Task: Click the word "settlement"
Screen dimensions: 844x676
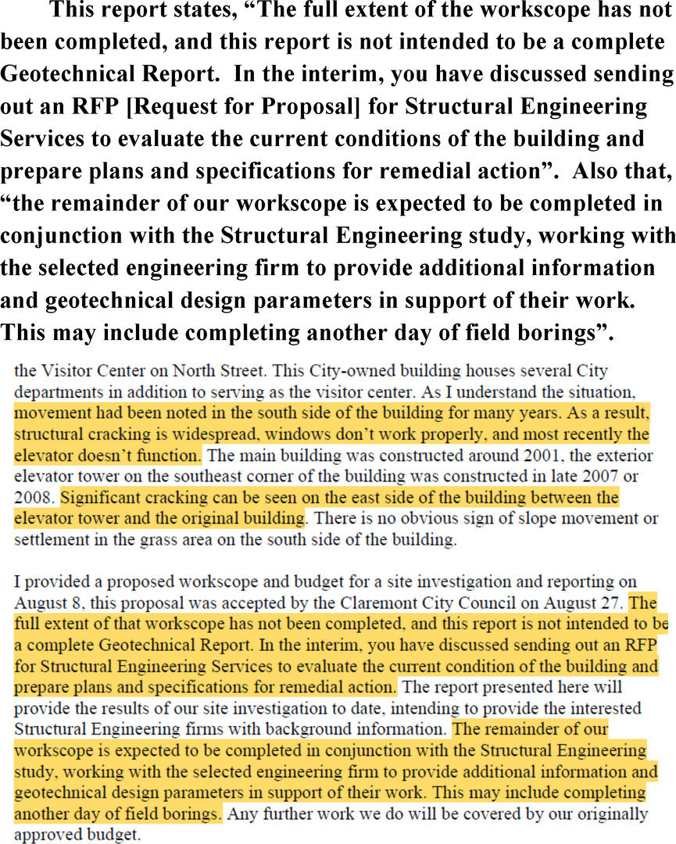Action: coord(48,538)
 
